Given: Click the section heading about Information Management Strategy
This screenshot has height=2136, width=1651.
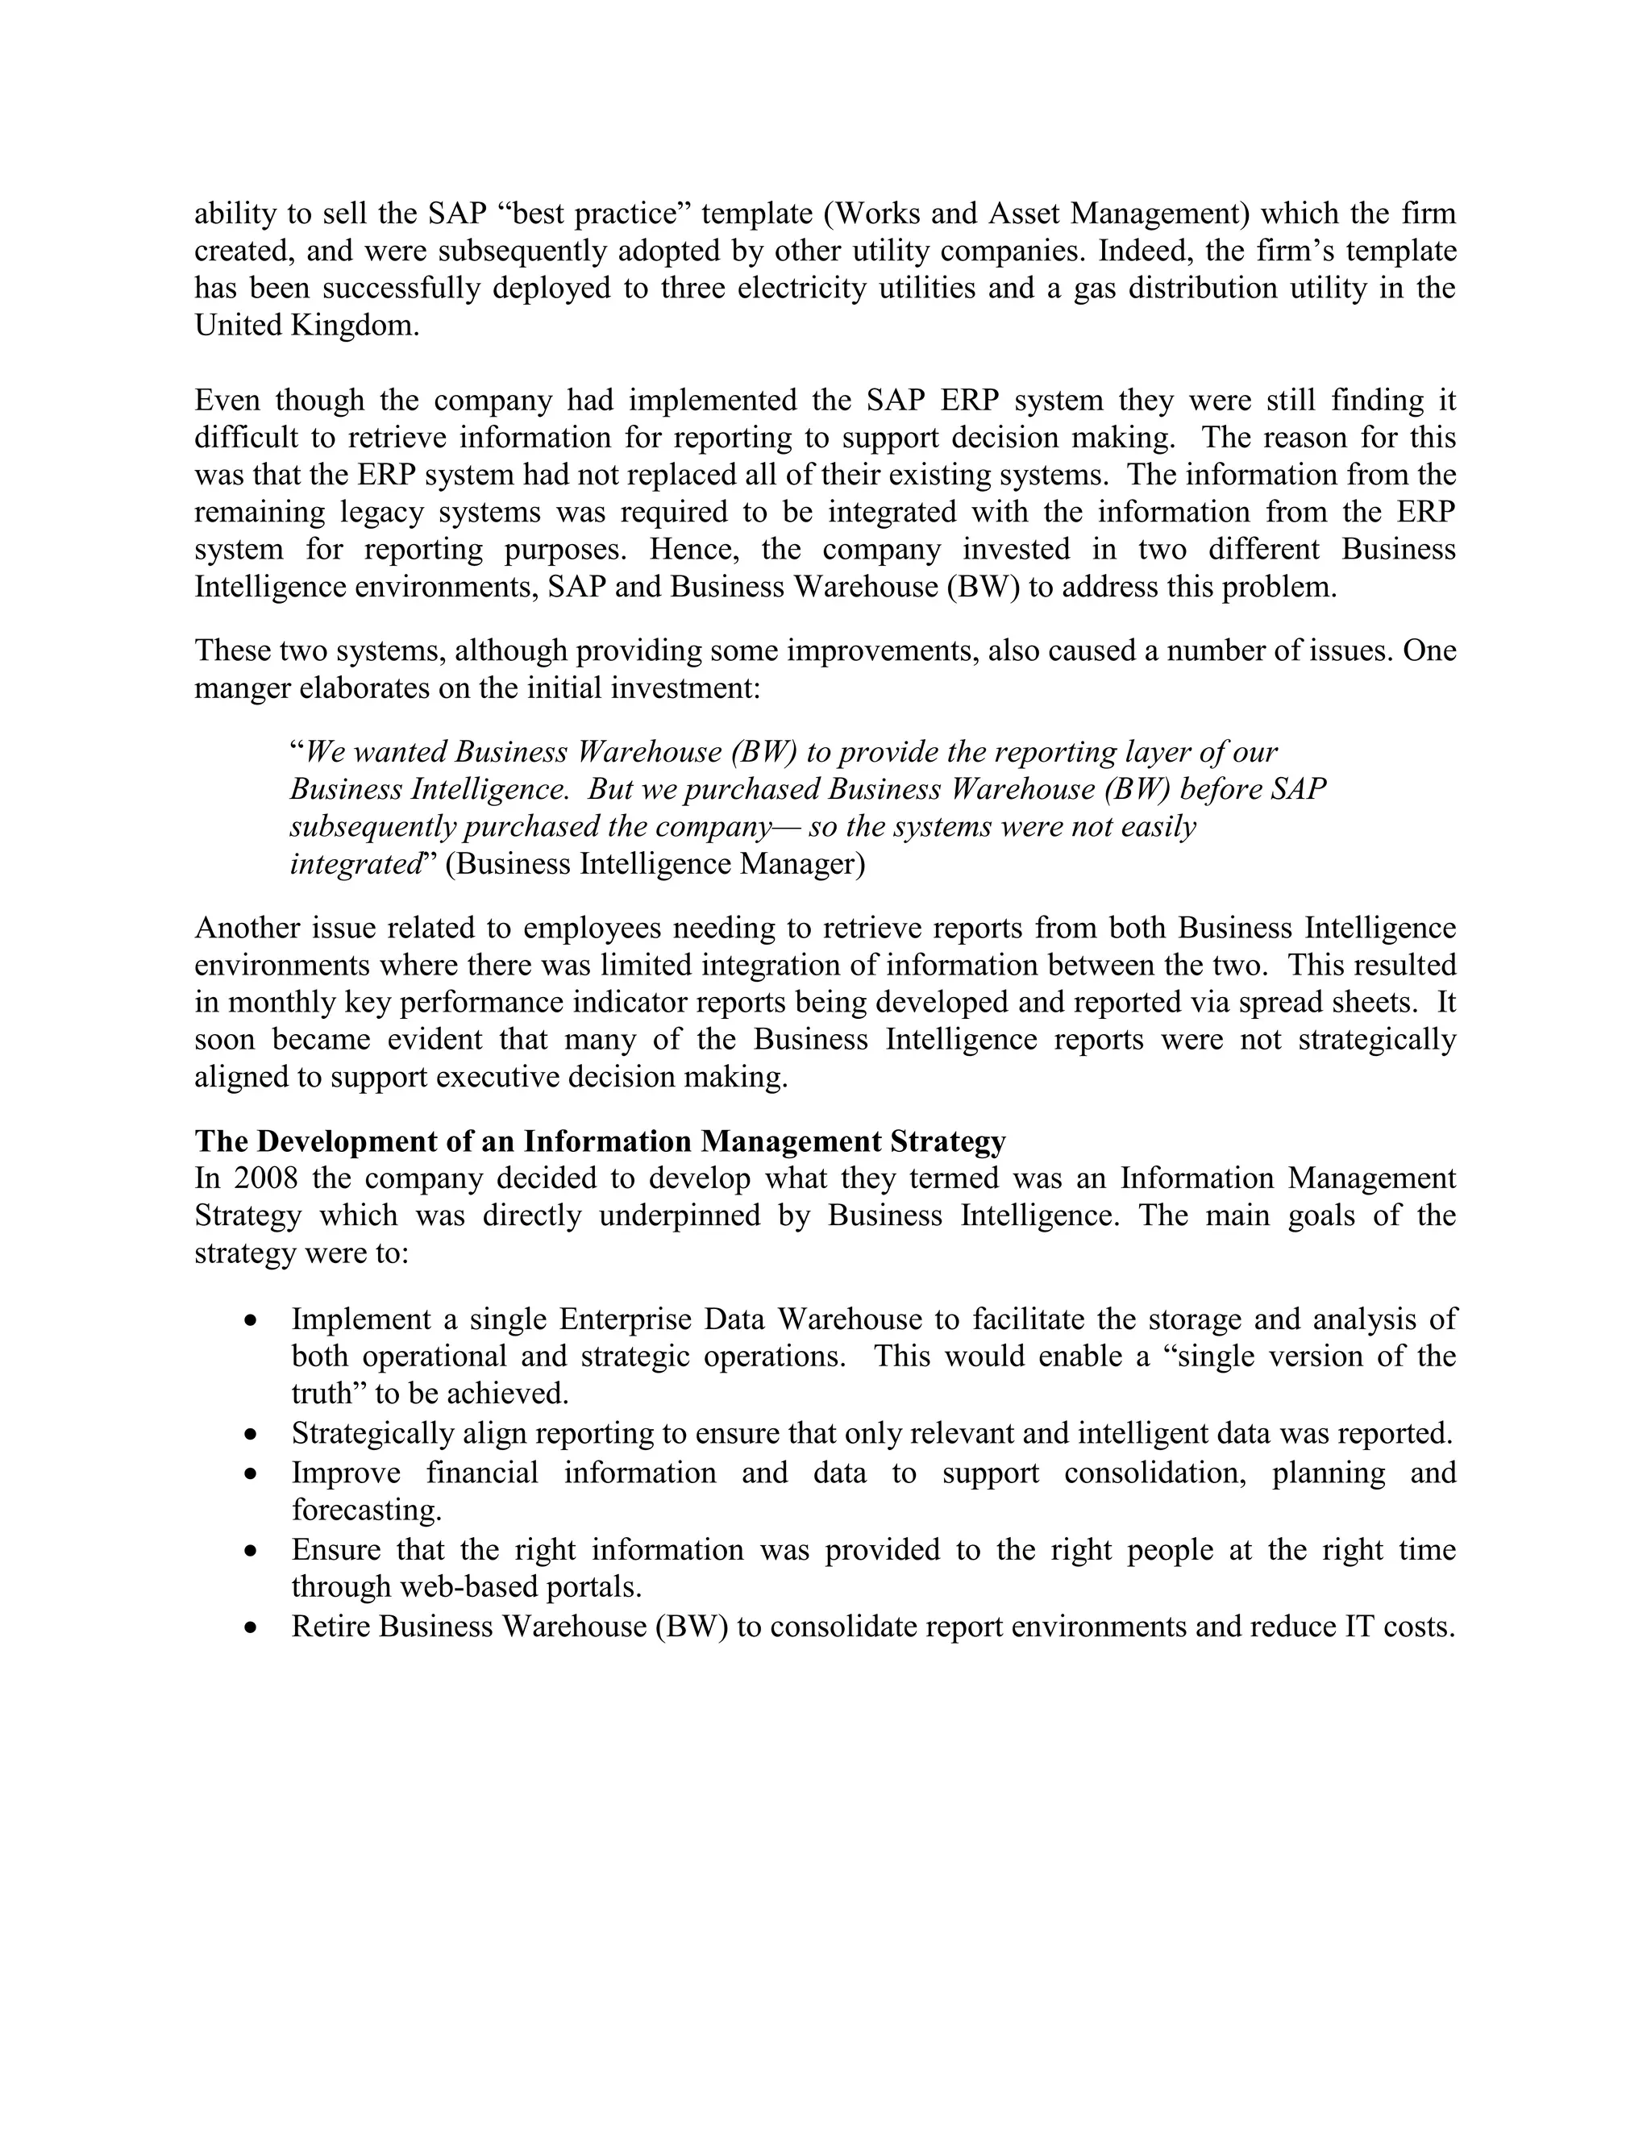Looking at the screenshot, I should click(x=600, y=1141).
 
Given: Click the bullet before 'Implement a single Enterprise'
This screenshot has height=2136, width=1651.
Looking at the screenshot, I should click(x=252, y=1320).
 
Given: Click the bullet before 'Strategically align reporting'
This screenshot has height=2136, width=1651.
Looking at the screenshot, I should click(x=252, y=1435).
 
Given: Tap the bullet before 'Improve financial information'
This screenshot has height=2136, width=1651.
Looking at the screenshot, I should click(x=252, y=1473).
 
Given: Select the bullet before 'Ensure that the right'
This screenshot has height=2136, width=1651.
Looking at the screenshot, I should click(x=252, y=1550).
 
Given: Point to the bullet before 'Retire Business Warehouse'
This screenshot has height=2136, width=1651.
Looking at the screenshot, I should click(x=252, y=1627).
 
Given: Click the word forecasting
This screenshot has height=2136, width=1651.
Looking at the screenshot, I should click(x=367, y=1511).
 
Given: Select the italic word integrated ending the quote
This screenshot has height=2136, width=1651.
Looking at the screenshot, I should click(x=355, y=865).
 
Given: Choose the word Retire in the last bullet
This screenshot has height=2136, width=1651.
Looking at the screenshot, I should click(x=331, y=1627).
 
